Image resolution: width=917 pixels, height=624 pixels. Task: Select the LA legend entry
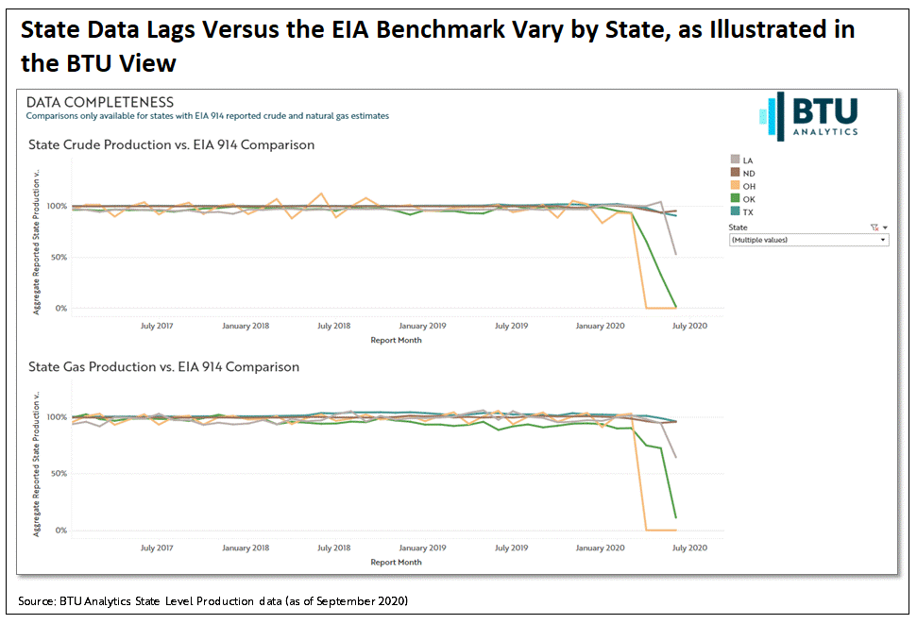tap(742, 160)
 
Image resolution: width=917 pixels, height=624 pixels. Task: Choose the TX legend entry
tap(742, 212)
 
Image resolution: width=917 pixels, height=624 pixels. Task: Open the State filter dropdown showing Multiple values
tap(808, 240)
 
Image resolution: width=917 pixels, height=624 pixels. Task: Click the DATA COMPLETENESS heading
tap(99, 102)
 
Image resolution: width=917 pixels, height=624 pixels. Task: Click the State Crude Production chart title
tap(170, 145)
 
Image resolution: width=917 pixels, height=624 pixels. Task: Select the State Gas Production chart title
tap(163, 366)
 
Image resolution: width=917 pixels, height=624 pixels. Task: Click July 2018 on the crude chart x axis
tap(333, 326)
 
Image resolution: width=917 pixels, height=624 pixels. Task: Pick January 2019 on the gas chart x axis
tap(422, 548)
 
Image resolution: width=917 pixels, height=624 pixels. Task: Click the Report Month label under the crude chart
tap(396, 340)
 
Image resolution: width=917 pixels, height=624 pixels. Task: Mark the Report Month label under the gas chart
tap(396, 562)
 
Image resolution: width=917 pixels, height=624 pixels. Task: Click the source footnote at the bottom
tap(212, 601)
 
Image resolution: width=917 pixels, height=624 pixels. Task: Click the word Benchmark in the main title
tap(432, 30)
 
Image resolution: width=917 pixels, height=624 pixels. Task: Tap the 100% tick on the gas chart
tap(56, 416)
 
